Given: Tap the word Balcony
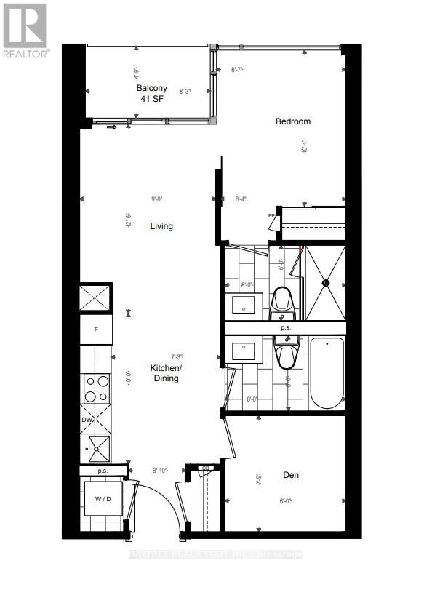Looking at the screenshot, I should (151, 88).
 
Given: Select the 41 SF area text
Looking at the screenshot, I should (152, 100).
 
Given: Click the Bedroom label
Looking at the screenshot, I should (292, 121).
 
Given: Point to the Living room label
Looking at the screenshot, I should (161, 226).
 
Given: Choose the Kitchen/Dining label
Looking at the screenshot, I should (165, 373).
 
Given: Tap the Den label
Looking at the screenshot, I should (290, 475).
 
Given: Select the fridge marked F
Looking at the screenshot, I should (96, 330).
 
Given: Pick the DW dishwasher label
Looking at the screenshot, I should (87, 420).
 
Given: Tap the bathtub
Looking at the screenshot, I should (327, 374).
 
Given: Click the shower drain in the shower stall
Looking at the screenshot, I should (327, 282).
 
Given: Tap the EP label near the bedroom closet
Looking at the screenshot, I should (271, 216).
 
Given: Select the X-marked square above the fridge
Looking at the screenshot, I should (96, 298).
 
